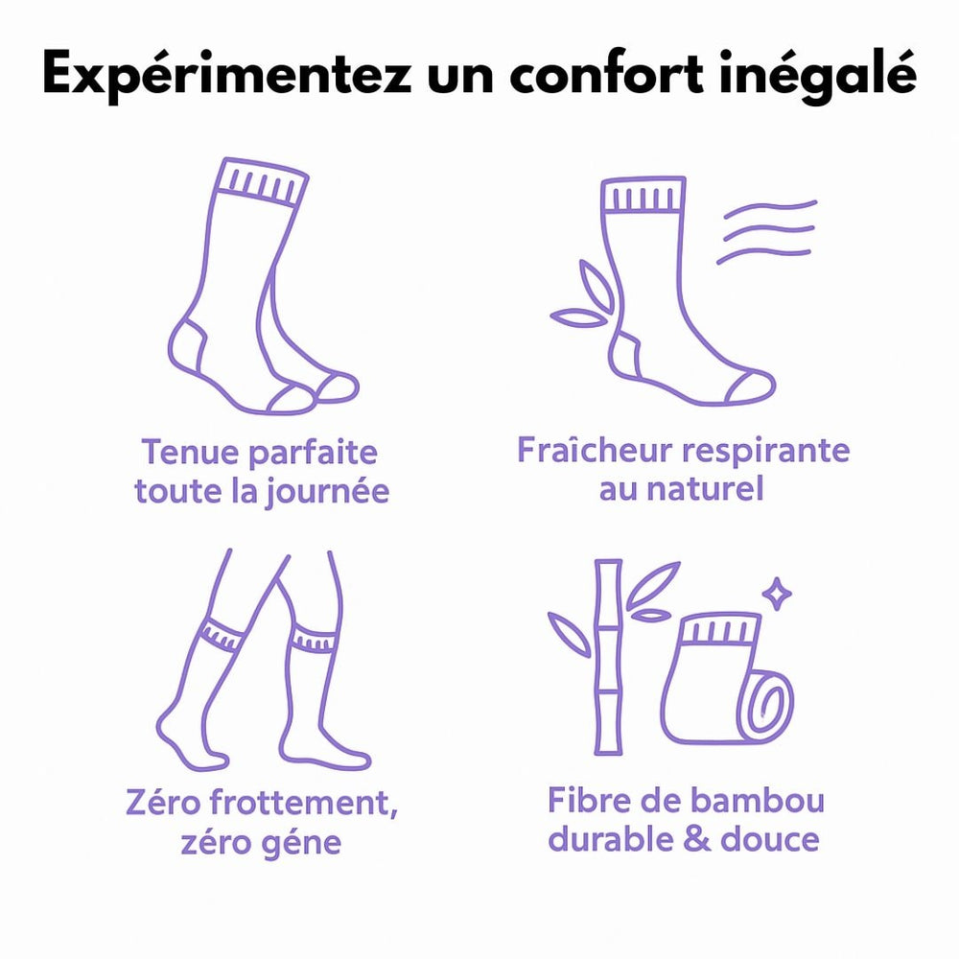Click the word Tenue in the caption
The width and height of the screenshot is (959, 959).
[189, 452]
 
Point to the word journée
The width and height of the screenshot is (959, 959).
[327, 492]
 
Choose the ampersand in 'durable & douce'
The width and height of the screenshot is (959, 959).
[696, 839]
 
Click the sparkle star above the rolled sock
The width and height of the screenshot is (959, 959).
[776, 594]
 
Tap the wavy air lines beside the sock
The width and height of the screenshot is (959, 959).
[767, 231]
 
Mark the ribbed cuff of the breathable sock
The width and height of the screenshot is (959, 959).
[643, 196]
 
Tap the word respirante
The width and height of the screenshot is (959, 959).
[765, 452]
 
